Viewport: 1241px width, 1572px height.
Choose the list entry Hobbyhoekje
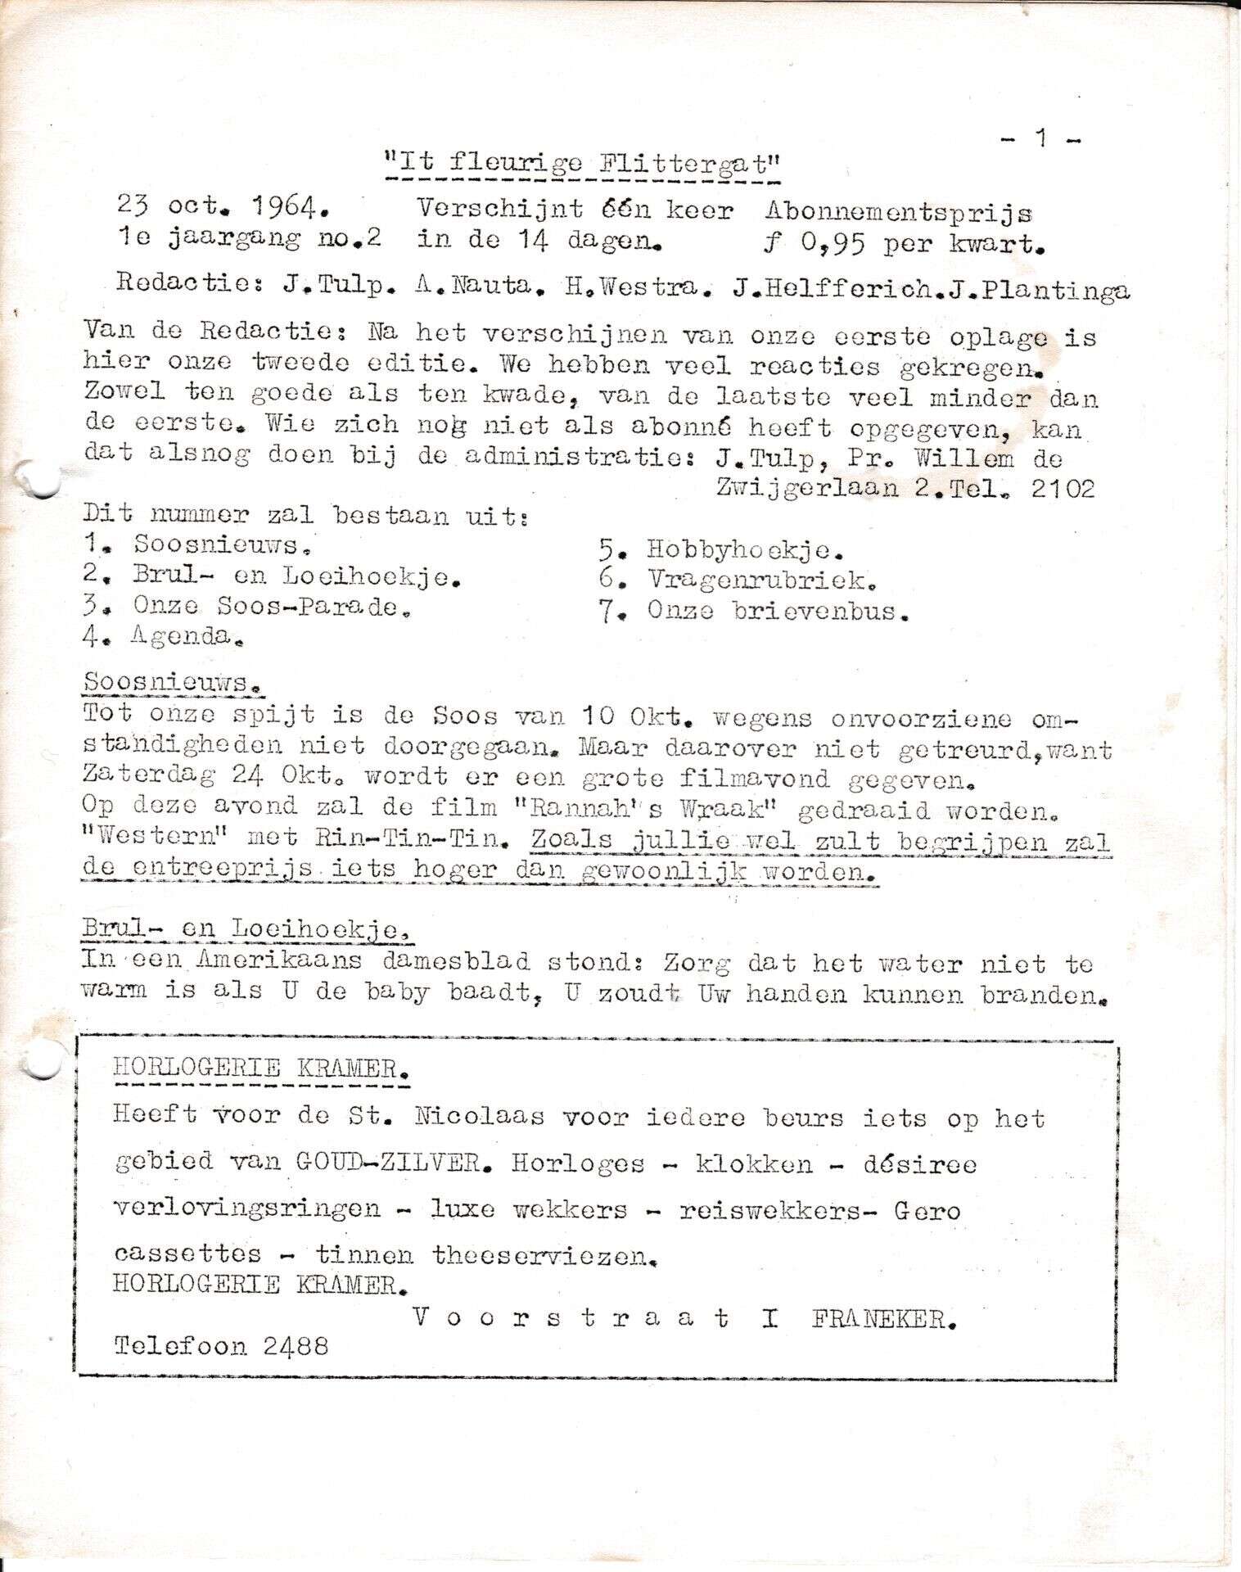745,550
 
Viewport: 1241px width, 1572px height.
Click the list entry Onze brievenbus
777,611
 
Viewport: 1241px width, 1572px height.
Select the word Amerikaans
287,960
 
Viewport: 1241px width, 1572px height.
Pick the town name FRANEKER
883,1319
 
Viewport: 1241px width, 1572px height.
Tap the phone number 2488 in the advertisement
296,1347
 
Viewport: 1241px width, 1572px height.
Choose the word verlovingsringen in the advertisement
247,1209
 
